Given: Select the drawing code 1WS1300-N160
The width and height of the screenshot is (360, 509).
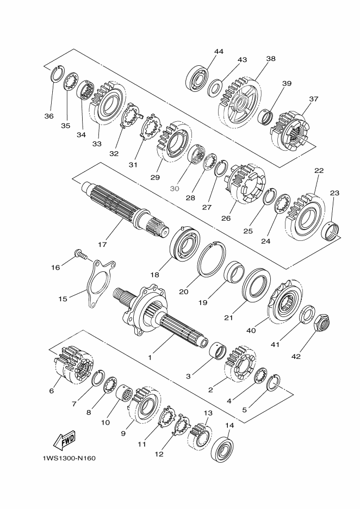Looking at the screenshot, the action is pos(69,458).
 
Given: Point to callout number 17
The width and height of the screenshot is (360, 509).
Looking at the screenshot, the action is pos(102,244).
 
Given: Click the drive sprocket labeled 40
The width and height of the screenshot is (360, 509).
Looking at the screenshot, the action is pos(285,300).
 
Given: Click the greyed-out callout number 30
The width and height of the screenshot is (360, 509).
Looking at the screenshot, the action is pos(175,189).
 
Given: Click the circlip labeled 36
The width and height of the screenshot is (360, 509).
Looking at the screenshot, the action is pos(58,74).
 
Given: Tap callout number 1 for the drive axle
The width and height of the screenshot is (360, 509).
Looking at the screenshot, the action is pos(150,357).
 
